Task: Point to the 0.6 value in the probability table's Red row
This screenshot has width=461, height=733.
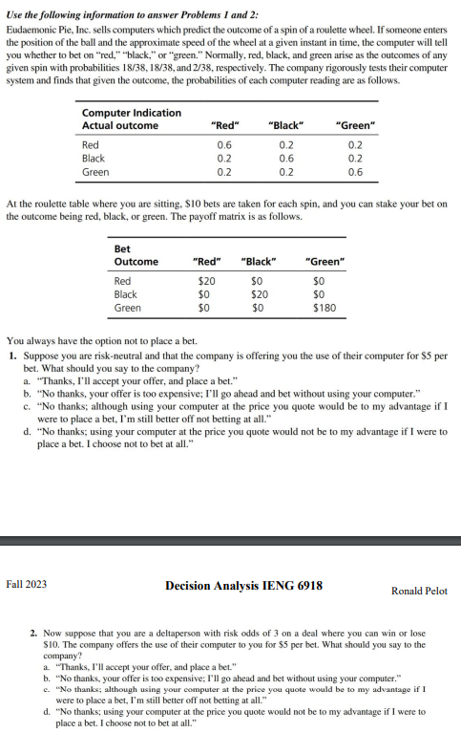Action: pyautogui.click(x=224, y=145)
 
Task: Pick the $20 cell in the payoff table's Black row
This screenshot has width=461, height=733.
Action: pyautogui.click(x=257, y=294)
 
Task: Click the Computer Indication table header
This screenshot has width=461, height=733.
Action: pyautogui.click(x=132, y=114)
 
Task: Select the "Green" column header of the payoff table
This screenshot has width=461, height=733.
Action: pyautogui.click(x=324, y=261)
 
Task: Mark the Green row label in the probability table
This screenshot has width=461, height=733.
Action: pyautogui.click(x=95, y=172)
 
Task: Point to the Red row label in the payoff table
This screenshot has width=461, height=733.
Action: pyautogui.click(x=122, y=281)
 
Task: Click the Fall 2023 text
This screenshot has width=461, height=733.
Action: pyautogui.click(x=27, y=584)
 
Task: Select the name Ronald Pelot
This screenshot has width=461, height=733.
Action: pyautogui.click(x=419, y=591)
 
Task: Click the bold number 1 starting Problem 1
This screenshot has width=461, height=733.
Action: pyautogui.click(x=10, y=354)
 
